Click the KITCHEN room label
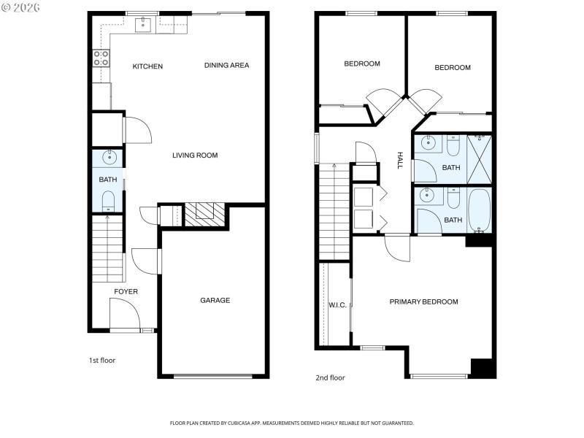tap(147, 66)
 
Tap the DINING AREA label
tap(226, 66)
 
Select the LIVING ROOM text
tap(195, 155)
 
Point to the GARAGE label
tap(215, 300)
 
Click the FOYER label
tap(126, 292)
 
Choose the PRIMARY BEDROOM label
tap(423, 302)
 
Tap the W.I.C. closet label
tap(337, 305)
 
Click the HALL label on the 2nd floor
tap(400, 161)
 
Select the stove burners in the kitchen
tap(101, 58)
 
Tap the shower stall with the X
tap(478, 156)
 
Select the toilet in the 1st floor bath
tap(107, 201)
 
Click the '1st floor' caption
tap(101, 360)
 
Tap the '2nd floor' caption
tap(331, 377)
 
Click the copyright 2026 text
tap(22, 7)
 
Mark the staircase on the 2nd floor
tap(335, 212)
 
